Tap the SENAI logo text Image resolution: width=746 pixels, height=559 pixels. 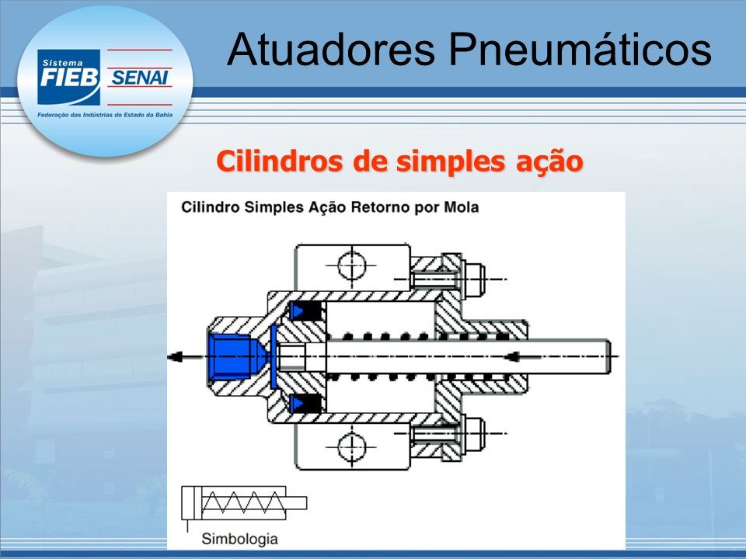pos(139,78)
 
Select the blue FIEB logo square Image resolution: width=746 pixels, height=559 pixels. pos(69,77)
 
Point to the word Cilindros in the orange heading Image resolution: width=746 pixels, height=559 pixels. pos(281,161)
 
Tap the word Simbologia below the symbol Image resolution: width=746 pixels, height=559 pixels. pos(239,539)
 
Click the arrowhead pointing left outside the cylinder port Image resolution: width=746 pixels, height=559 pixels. pos(175,356)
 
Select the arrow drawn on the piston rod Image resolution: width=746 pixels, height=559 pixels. pos(522,356)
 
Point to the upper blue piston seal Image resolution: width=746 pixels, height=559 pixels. pos(297,311)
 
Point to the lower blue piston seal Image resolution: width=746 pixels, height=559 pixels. pos(297,404)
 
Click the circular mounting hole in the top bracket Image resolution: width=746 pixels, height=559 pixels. pos(352,266)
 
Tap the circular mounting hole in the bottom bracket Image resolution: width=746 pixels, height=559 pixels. pos(352,447)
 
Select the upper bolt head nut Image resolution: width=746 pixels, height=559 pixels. pos(474,279)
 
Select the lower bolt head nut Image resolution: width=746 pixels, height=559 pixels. pos(474,434)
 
